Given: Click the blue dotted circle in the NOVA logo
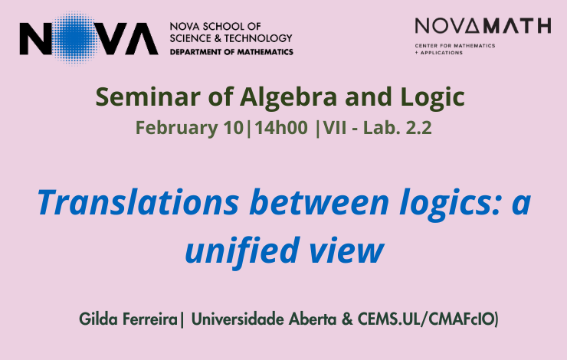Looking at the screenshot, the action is pos(75,38).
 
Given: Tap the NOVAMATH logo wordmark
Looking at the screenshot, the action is pos(483,26).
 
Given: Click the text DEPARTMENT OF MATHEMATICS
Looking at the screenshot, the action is pos(231,52).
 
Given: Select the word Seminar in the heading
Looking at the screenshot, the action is pos(148,97).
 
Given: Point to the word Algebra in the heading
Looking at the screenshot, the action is pos(288,97).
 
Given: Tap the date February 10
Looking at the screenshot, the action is pos(189,128).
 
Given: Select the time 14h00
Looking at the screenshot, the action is pos(281,128).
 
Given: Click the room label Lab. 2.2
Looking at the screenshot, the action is pos(397,128).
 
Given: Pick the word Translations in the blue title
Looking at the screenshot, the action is pos(138,202).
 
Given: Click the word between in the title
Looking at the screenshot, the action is pos(319,202).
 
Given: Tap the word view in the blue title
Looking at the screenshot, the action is pos(346,250).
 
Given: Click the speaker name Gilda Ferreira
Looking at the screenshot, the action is pos(128,319).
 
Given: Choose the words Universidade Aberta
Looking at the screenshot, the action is pos(264,319).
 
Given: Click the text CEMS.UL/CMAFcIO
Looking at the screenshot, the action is pos(426,319).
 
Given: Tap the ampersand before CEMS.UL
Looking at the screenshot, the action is pos(347,319).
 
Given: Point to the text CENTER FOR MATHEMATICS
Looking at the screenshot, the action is pos(455,45).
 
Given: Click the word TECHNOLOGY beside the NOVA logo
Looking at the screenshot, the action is pos(258,38).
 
